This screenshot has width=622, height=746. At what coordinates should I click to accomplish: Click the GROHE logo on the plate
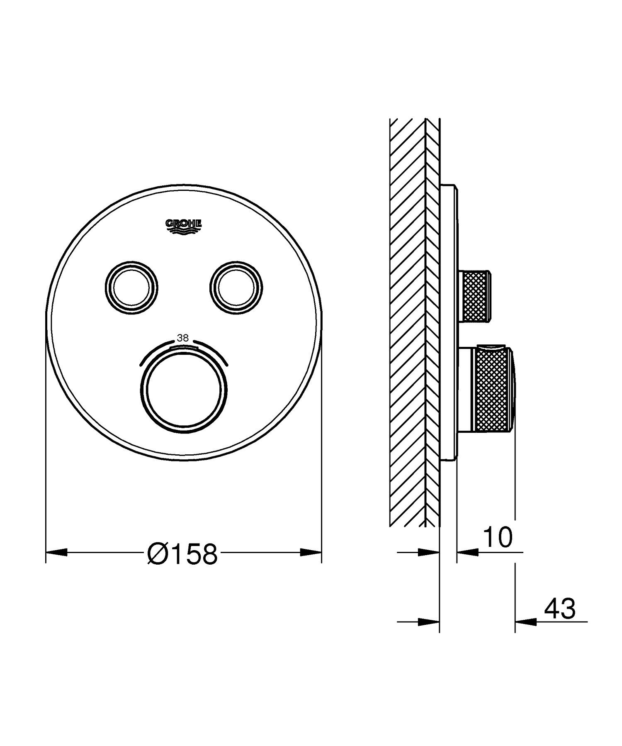point(184,226)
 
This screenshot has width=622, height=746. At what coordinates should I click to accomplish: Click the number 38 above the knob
point(183,338)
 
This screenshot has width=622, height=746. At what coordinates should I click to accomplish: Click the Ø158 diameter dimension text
point(182,554)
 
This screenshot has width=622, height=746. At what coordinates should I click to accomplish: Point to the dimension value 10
point(498,538)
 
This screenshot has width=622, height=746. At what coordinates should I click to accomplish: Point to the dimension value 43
point(559,609)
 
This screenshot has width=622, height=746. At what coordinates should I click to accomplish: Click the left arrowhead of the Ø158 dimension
point(56,552)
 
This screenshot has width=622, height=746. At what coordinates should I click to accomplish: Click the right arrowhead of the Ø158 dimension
point(311,552)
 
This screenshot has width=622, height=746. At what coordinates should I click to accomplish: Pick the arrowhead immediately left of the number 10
point(467,552)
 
